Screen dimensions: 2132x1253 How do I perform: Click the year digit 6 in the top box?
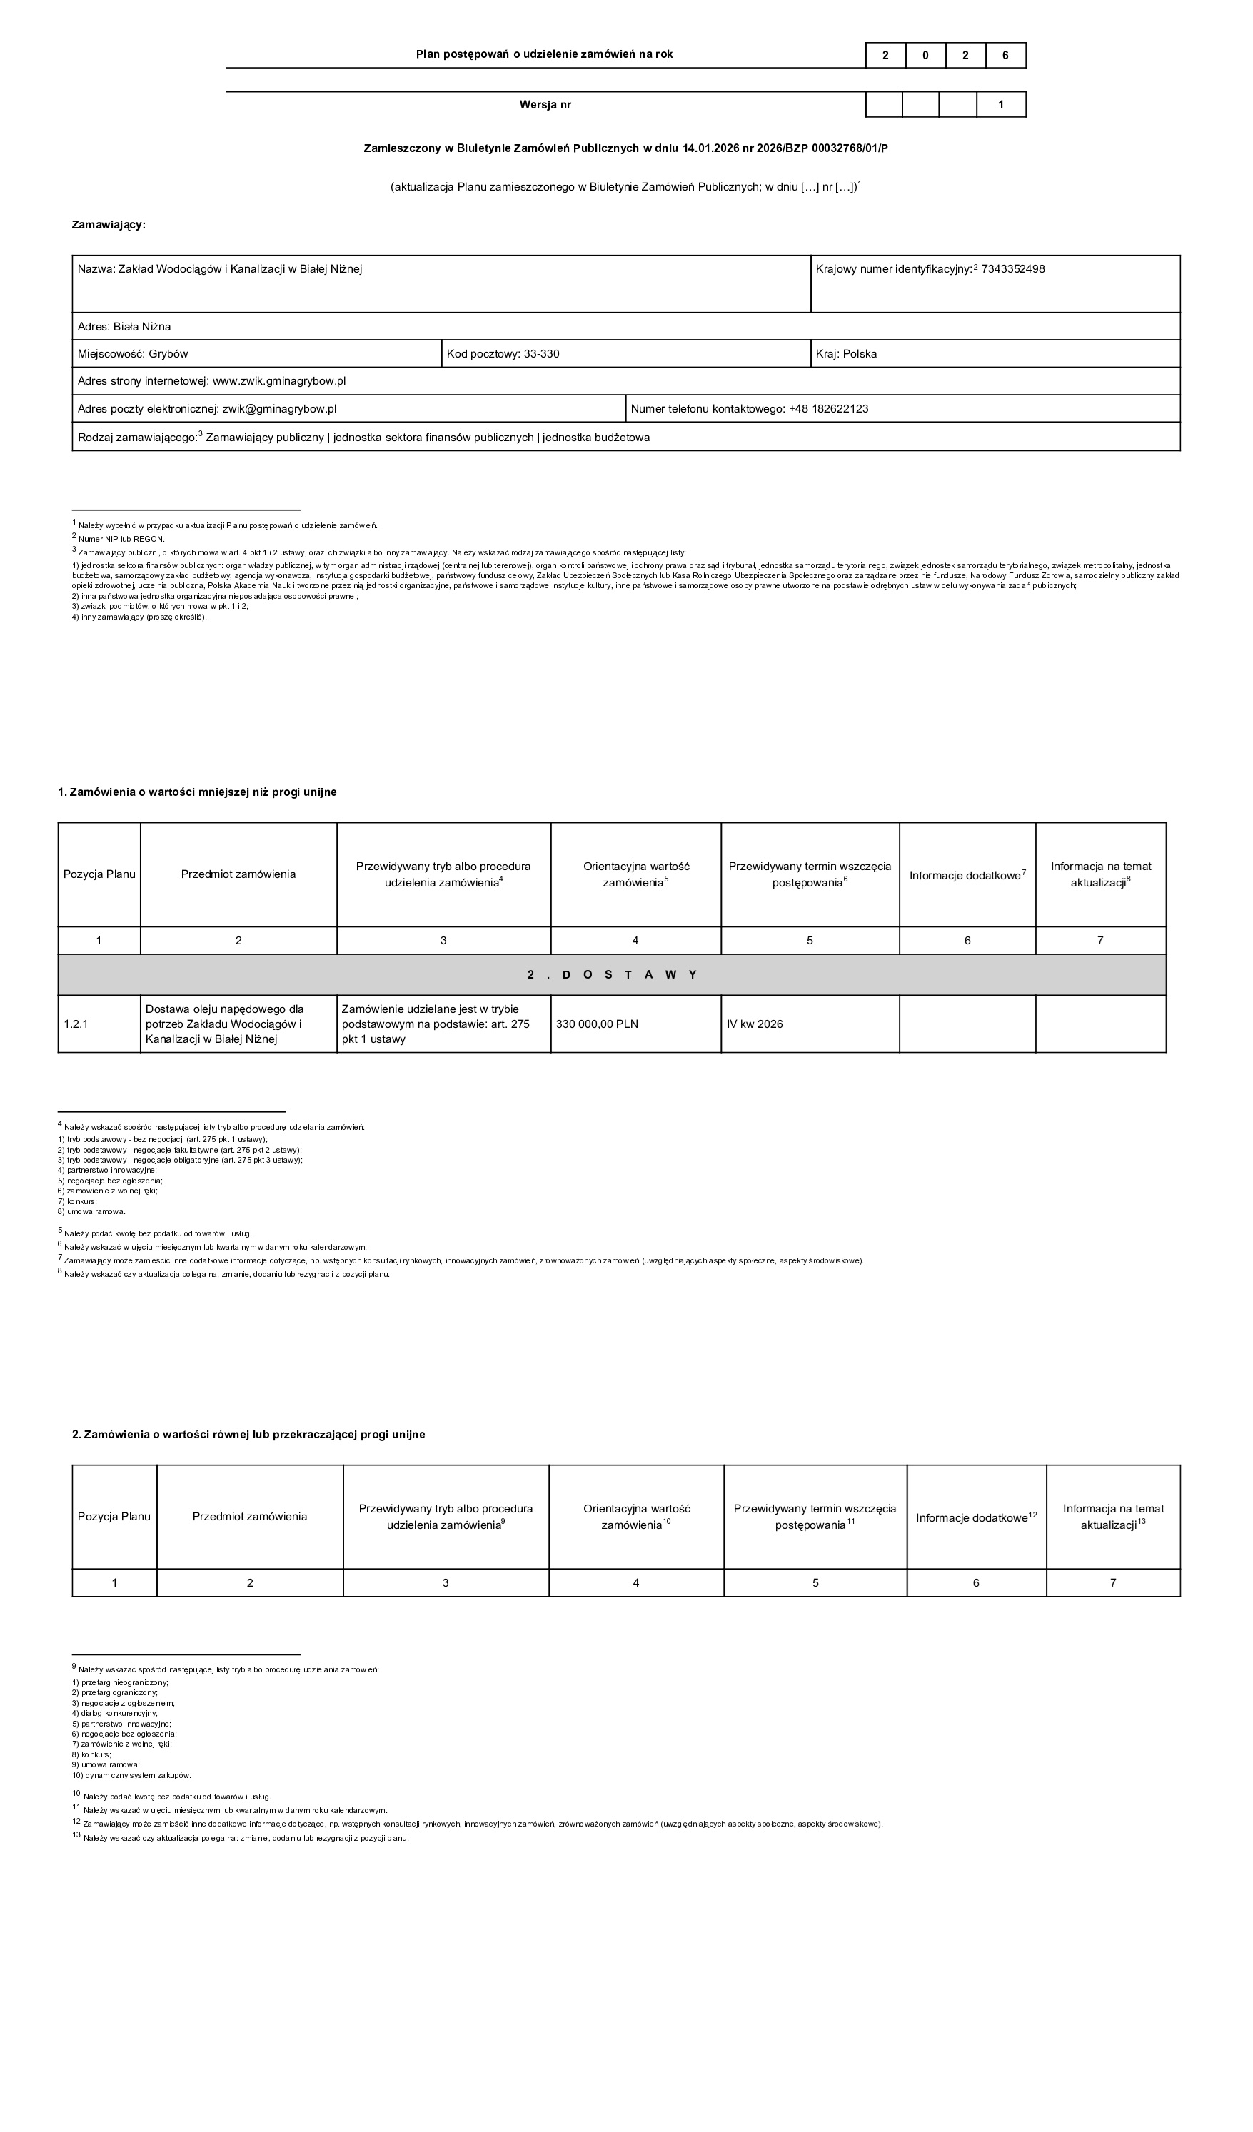click(x=1005, y=55)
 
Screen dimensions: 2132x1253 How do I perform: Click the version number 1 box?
click(x=1001, y=105)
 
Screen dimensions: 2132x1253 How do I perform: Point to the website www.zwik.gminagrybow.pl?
click(x=278, y=380)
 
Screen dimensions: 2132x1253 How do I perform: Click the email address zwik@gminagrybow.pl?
click(x=279, y=409)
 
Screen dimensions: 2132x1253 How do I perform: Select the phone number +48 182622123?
click(x=828, y=409)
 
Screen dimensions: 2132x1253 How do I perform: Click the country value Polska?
click(x=860, y=353)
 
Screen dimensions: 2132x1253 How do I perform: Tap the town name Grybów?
click(x=168, y=353)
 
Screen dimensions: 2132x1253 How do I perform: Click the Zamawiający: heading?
click(x=109, y=225)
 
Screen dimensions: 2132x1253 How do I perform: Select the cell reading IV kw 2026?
click(x=755, y=1024)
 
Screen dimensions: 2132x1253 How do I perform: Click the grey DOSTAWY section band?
click(x=612, y=974)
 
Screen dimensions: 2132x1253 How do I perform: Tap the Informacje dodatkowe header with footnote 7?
click(x=967, y=875)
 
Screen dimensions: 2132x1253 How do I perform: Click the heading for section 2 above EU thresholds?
click(x=248, y=1434)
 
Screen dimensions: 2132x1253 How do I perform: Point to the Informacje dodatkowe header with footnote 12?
click(x=975, y=1517)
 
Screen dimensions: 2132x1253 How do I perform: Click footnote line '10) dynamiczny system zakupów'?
click(x=132, y=1775)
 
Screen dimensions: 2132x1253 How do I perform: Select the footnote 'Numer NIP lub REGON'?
click(x=121, y=538)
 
